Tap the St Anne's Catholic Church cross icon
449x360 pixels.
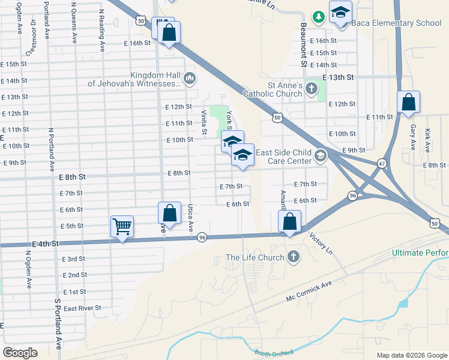[311, 89]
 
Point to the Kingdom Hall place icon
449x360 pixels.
[190, 77]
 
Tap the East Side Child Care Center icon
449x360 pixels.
[321, 157]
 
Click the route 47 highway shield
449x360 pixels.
[382, 163]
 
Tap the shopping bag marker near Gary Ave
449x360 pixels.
[408, 103]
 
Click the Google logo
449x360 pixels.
[20, 353]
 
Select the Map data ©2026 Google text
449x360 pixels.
[411, 355]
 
